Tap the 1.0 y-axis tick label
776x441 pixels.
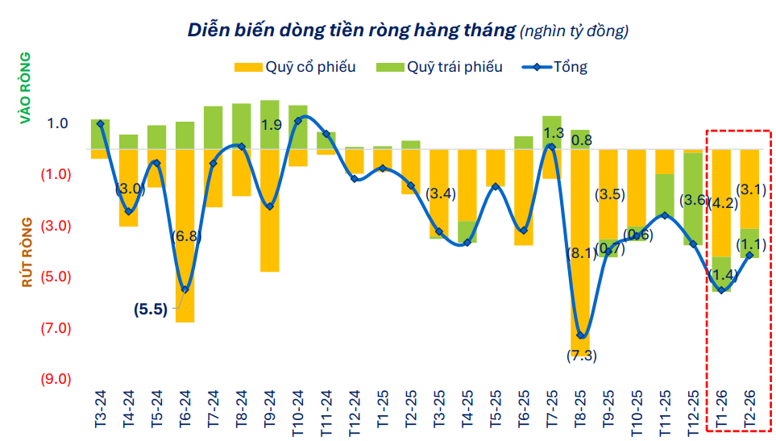click(57, 123)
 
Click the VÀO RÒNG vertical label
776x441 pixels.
click(25, 88)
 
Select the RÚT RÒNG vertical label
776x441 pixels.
click(27, 252)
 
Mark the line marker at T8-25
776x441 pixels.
click(580, 335)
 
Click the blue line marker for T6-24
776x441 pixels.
click(185, 289)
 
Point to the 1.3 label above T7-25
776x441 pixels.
click(554, 132)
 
